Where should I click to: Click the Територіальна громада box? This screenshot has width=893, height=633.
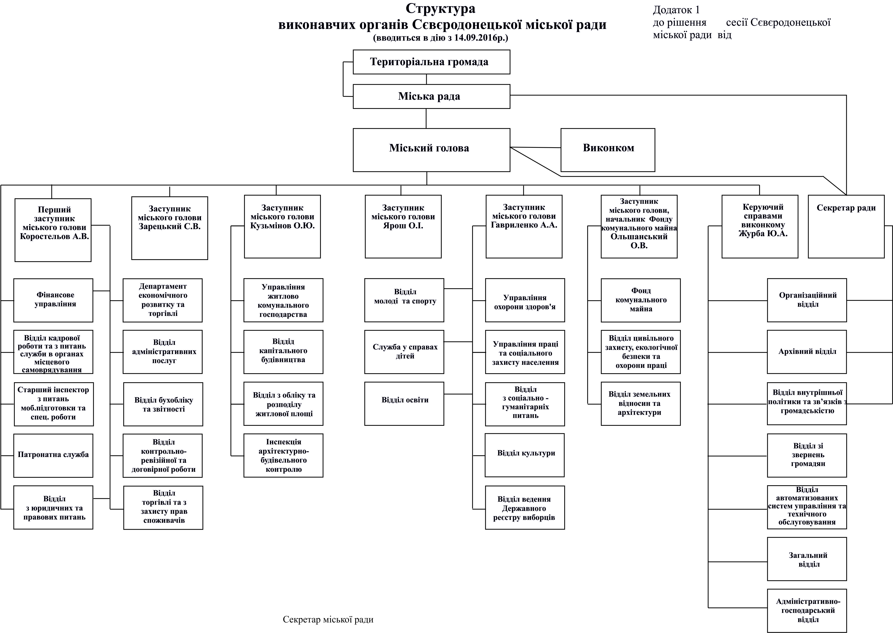tap(431, 62)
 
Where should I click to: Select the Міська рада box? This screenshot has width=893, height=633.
tap(431, 96)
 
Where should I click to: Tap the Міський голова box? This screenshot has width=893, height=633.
tap(431, 150)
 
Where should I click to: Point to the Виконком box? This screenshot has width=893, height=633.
tap(608, 150)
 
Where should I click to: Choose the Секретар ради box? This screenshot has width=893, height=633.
tap(846, 226)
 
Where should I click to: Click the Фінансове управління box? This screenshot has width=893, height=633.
tap(54, 300)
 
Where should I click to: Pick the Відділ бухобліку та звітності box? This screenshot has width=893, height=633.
tap(163, 404)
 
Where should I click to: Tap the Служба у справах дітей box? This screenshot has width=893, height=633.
tap(404, 352)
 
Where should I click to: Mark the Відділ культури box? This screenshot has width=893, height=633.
tap(525, 455)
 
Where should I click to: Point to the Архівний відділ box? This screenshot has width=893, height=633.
tap(807, 352)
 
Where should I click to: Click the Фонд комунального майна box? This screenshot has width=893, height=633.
tap(641, 300)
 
